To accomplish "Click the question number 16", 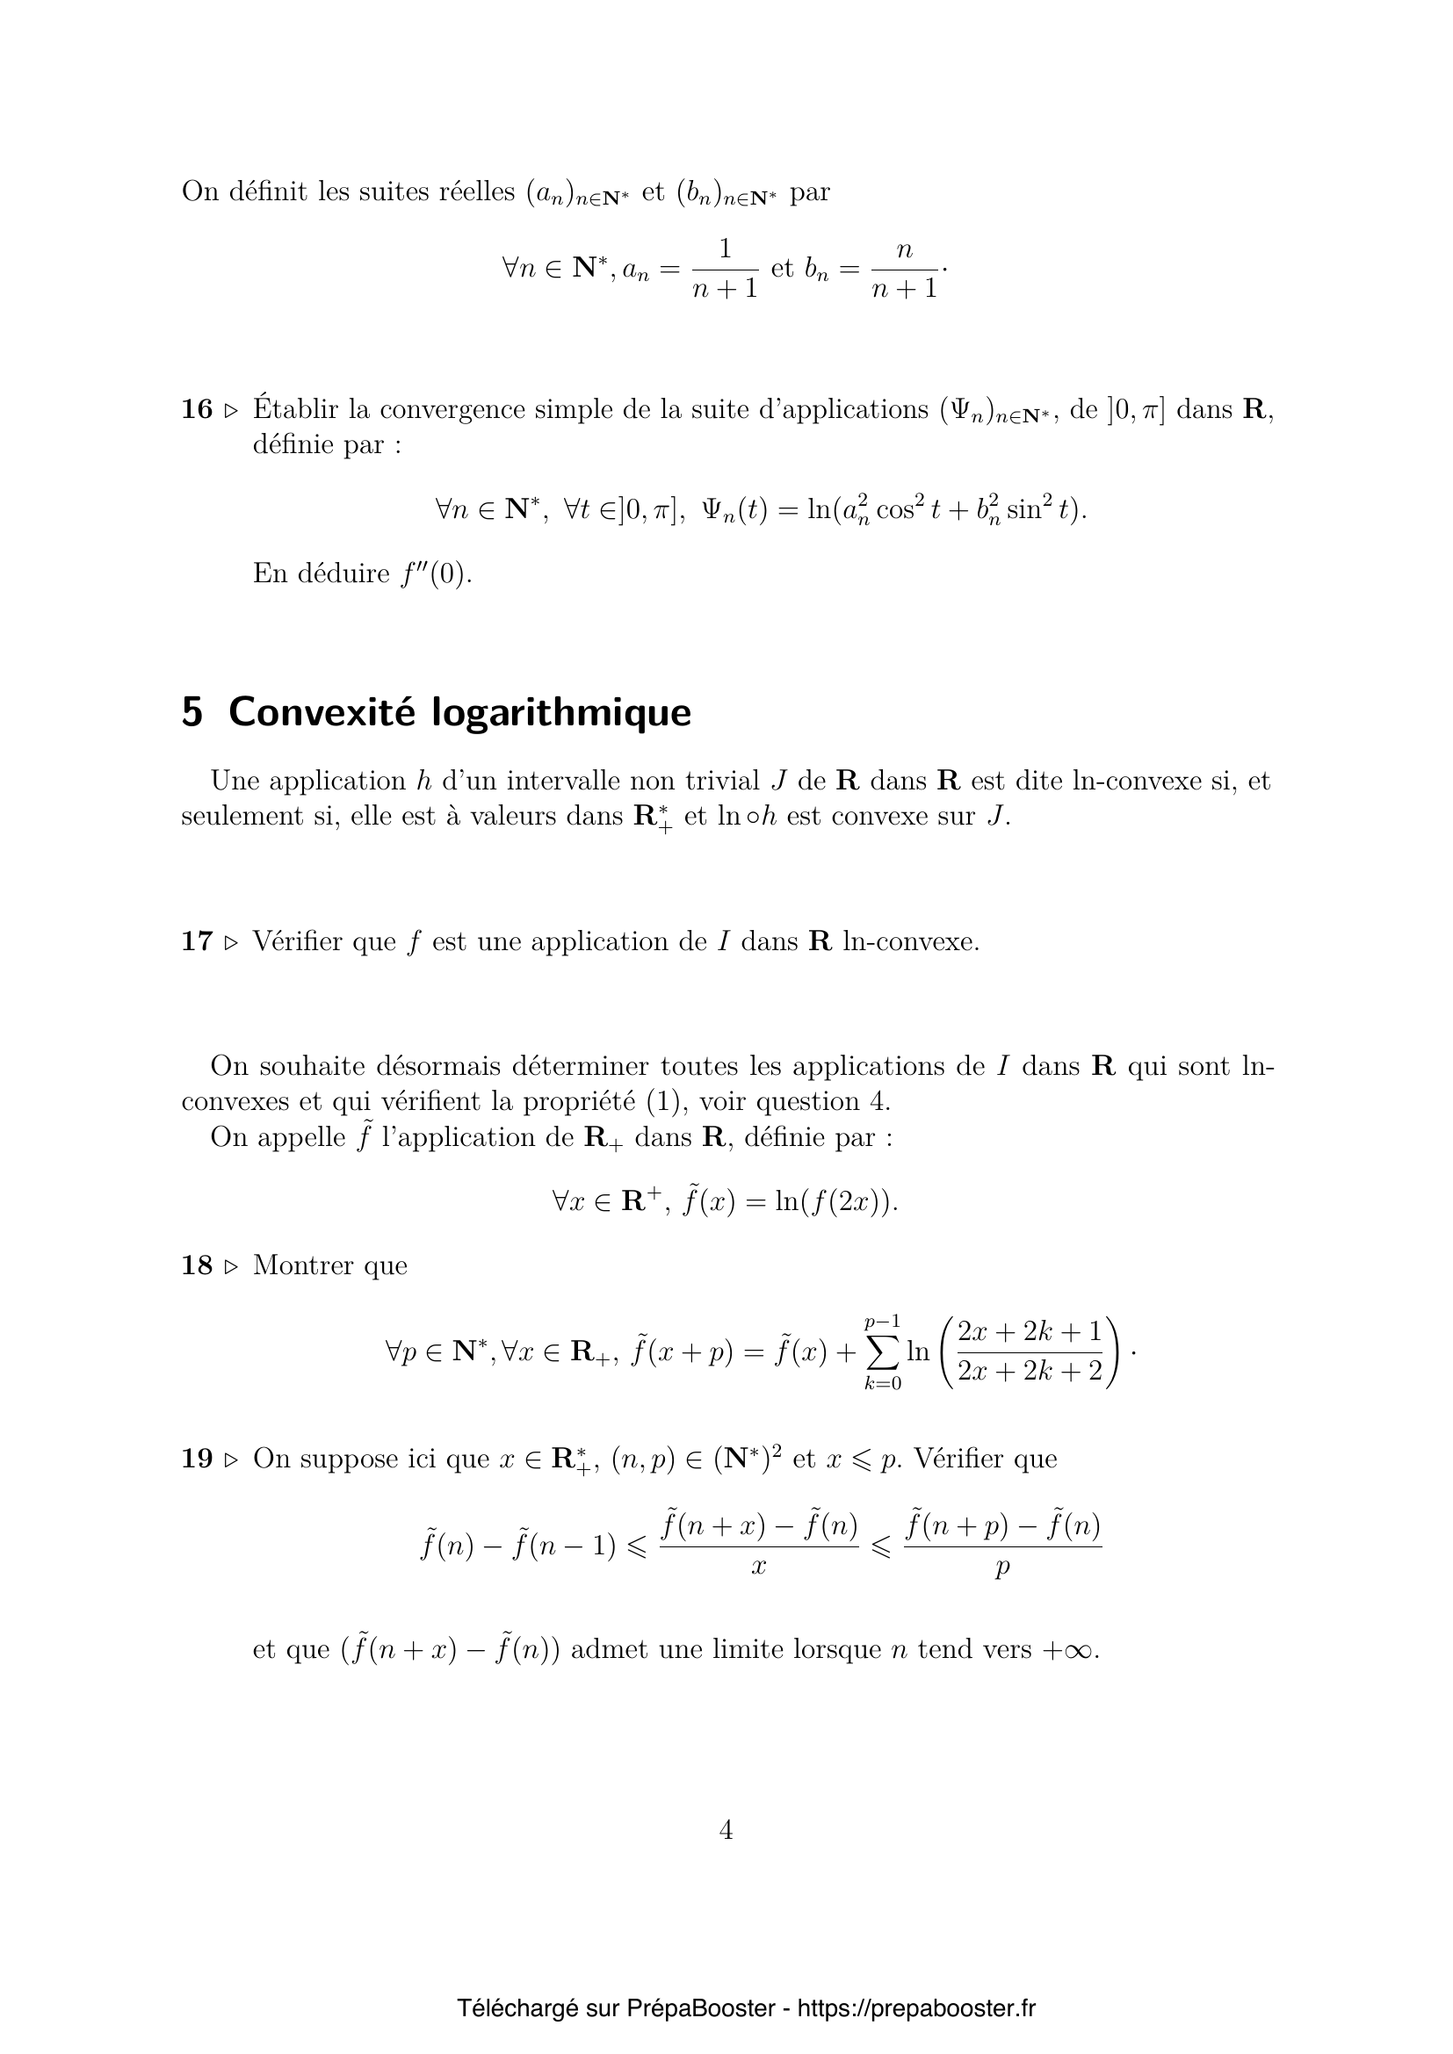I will (197, 410).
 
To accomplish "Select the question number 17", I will (197, 941).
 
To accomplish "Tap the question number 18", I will (197, 1265).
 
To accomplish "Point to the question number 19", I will (197, 1459).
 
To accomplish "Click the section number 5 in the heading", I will (192, 713).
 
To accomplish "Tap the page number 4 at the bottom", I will (726, 1830).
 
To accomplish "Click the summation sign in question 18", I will (883, 1352).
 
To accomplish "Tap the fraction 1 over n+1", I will (725, 269).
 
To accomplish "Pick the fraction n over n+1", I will (904, 269).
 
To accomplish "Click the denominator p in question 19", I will (1002, 1568).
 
